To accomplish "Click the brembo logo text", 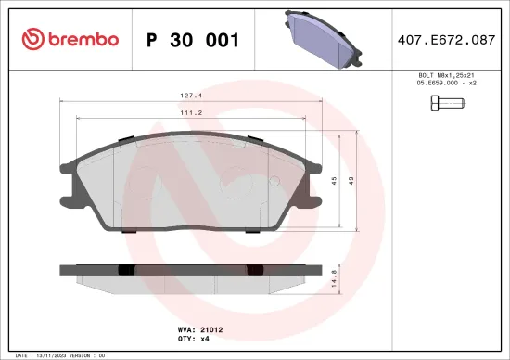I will click(x=77, y=39).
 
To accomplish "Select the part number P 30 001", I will click(x=193, y=40).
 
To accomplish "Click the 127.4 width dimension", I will click(x=192, y=95).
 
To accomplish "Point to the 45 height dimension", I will click(x=334, y=182).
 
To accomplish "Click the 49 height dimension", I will click(x=351, y=182).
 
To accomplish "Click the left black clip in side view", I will click(x=127, y=269).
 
